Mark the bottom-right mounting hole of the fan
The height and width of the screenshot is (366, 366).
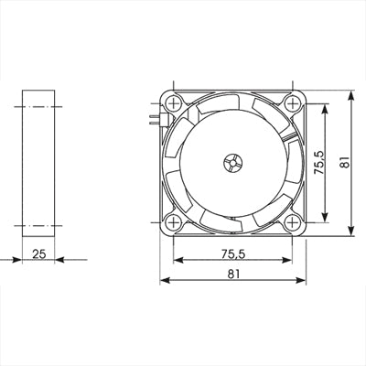click(292, 221)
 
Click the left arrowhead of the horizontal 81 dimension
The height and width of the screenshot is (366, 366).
click(166, 280)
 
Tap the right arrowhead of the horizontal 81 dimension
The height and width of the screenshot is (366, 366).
click(302, 280)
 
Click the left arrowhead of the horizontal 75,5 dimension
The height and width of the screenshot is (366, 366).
click(178, 259)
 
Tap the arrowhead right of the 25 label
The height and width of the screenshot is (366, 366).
click(59, 259)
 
